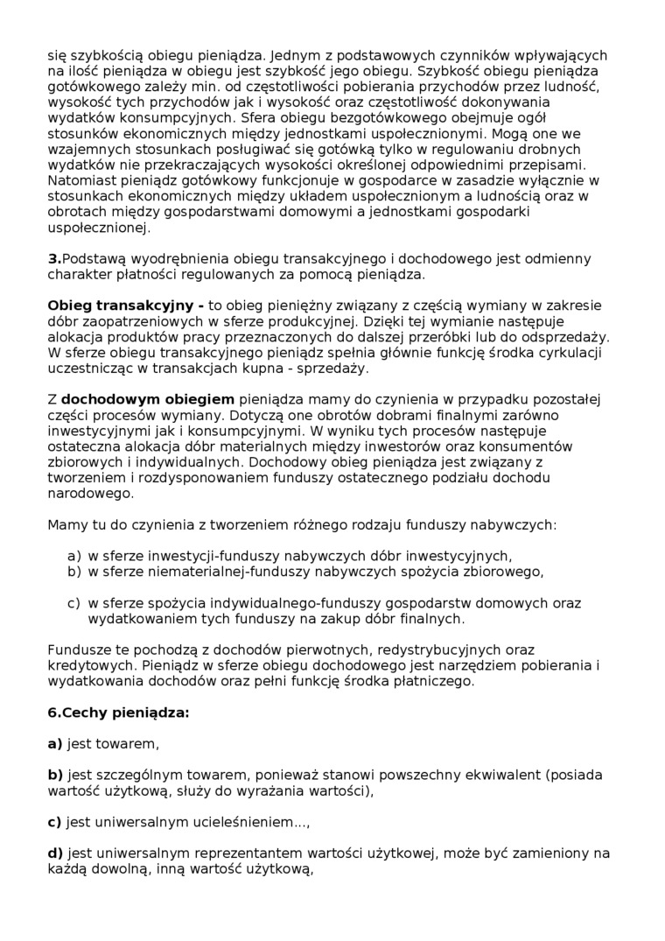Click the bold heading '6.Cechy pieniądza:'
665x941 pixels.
[x=118, y=713]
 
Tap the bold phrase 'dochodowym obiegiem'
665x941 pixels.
[x=148, y=399]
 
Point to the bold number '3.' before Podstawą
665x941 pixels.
[x=54, y=258]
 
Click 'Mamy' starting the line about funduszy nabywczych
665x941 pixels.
[x=66, y=525]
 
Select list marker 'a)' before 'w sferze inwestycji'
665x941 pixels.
[x=73, y=556]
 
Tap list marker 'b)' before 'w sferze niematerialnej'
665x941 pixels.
[x=73, y=572]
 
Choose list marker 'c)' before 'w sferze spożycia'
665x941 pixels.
[x=73, y=603]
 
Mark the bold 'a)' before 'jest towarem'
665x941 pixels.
[x=55, y=744]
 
